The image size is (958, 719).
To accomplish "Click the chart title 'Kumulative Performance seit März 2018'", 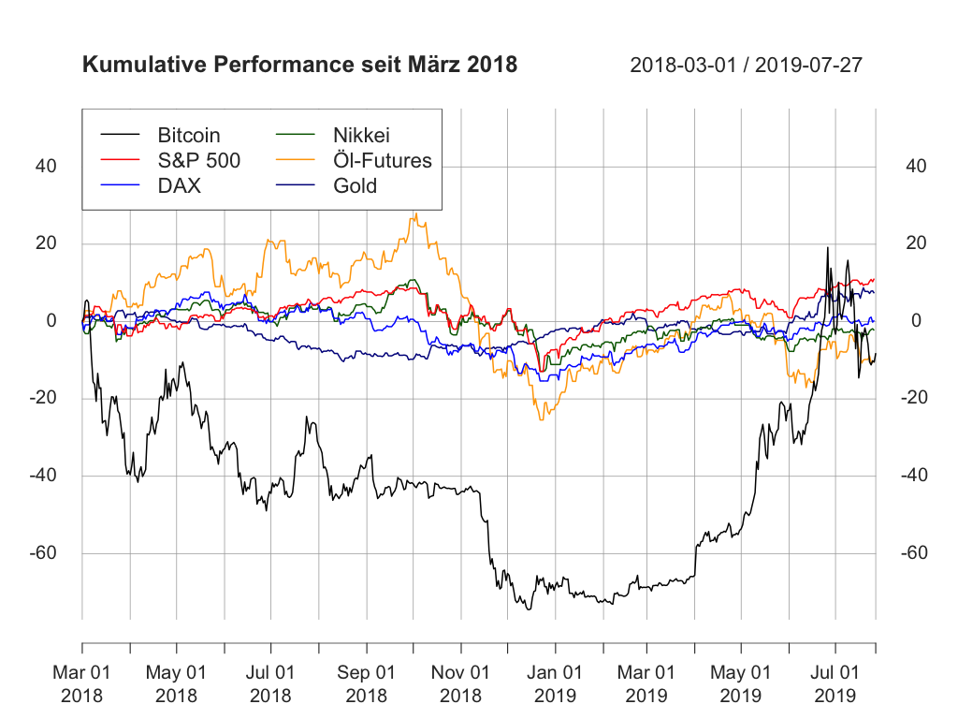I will (299, 66).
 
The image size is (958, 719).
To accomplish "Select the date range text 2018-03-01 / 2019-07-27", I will (746, 66).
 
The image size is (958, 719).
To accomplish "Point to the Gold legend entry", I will (355, 185).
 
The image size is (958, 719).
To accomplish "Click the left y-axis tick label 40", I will (46, 167).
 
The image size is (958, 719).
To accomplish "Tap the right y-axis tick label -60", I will (913, 552).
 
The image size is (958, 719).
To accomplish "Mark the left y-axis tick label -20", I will (41, 398).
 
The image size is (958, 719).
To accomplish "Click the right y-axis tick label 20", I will (917, 243).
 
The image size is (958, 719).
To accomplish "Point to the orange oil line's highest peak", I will (414, 213).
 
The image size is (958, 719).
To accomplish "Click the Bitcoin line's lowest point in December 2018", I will (529, 609).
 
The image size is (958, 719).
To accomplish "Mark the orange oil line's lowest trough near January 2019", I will (541, 419).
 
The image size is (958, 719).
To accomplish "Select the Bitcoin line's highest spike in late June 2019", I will (827, 248).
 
